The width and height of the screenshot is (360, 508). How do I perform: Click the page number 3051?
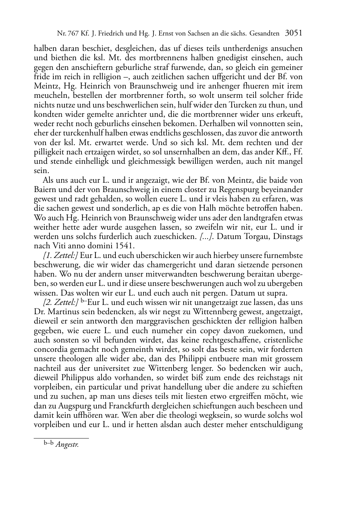coord(294,33)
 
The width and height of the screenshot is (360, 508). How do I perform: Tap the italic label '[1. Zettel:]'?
coord(60,255)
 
